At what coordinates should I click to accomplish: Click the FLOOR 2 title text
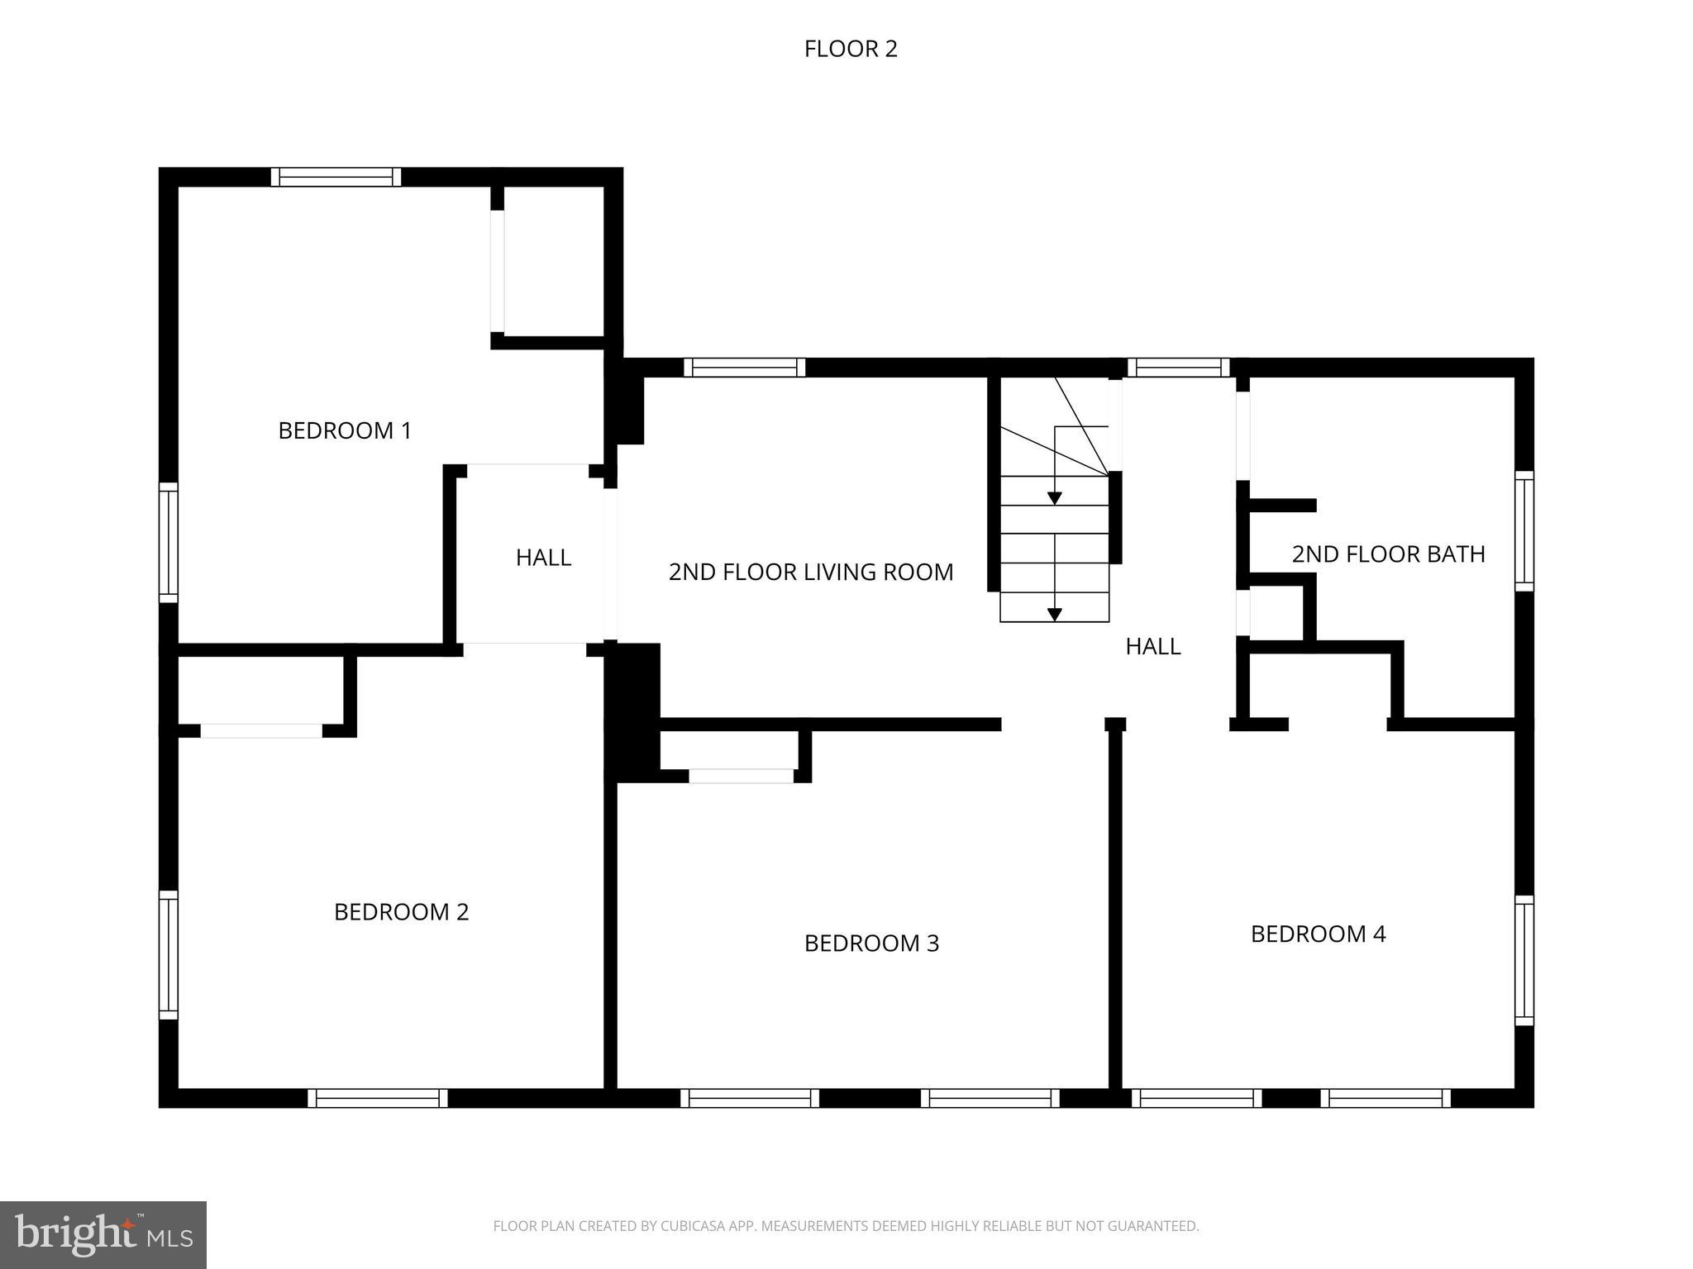850,50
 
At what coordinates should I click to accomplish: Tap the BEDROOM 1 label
344,430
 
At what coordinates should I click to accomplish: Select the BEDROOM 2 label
401,912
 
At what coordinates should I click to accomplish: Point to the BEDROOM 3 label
871,943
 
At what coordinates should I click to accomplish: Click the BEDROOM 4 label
1318,934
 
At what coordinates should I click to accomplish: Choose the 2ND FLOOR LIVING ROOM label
810,572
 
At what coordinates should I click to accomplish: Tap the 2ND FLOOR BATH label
1388,554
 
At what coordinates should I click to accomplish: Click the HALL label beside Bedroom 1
543,558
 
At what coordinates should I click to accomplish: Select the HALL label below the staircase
1152,646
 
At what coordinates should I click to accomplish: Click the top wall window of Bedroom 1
336,177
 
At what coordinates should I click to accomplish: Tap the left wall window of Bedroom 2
168,956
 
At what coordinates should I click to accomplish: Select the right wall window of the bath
1524,531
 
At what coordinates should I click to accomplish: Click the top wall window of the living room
744,368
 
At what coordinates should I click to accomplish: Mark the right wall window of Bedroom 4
1524,960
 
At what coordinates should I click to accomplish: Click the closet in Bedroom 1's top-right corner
553,260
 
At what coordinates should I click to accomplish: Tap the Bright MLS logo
103,1234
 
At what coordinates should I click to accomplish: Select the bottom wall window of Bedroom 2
378,1098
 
